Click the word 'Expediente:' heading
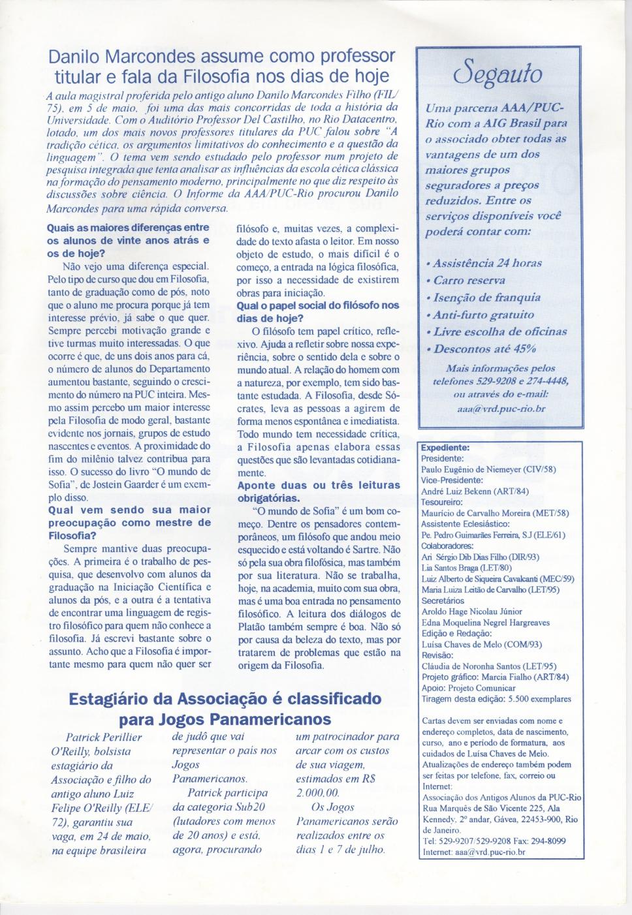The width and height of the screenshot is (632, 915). pos(445,448)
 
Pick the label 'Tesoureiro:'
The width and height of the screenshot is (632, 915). pos(442,502)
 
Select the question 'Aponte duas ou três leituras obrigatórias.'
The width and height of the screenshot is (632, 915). pos(318,491)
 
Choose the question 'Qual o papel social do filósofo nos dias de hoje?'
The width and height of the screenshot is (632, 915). pos(317,311)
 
